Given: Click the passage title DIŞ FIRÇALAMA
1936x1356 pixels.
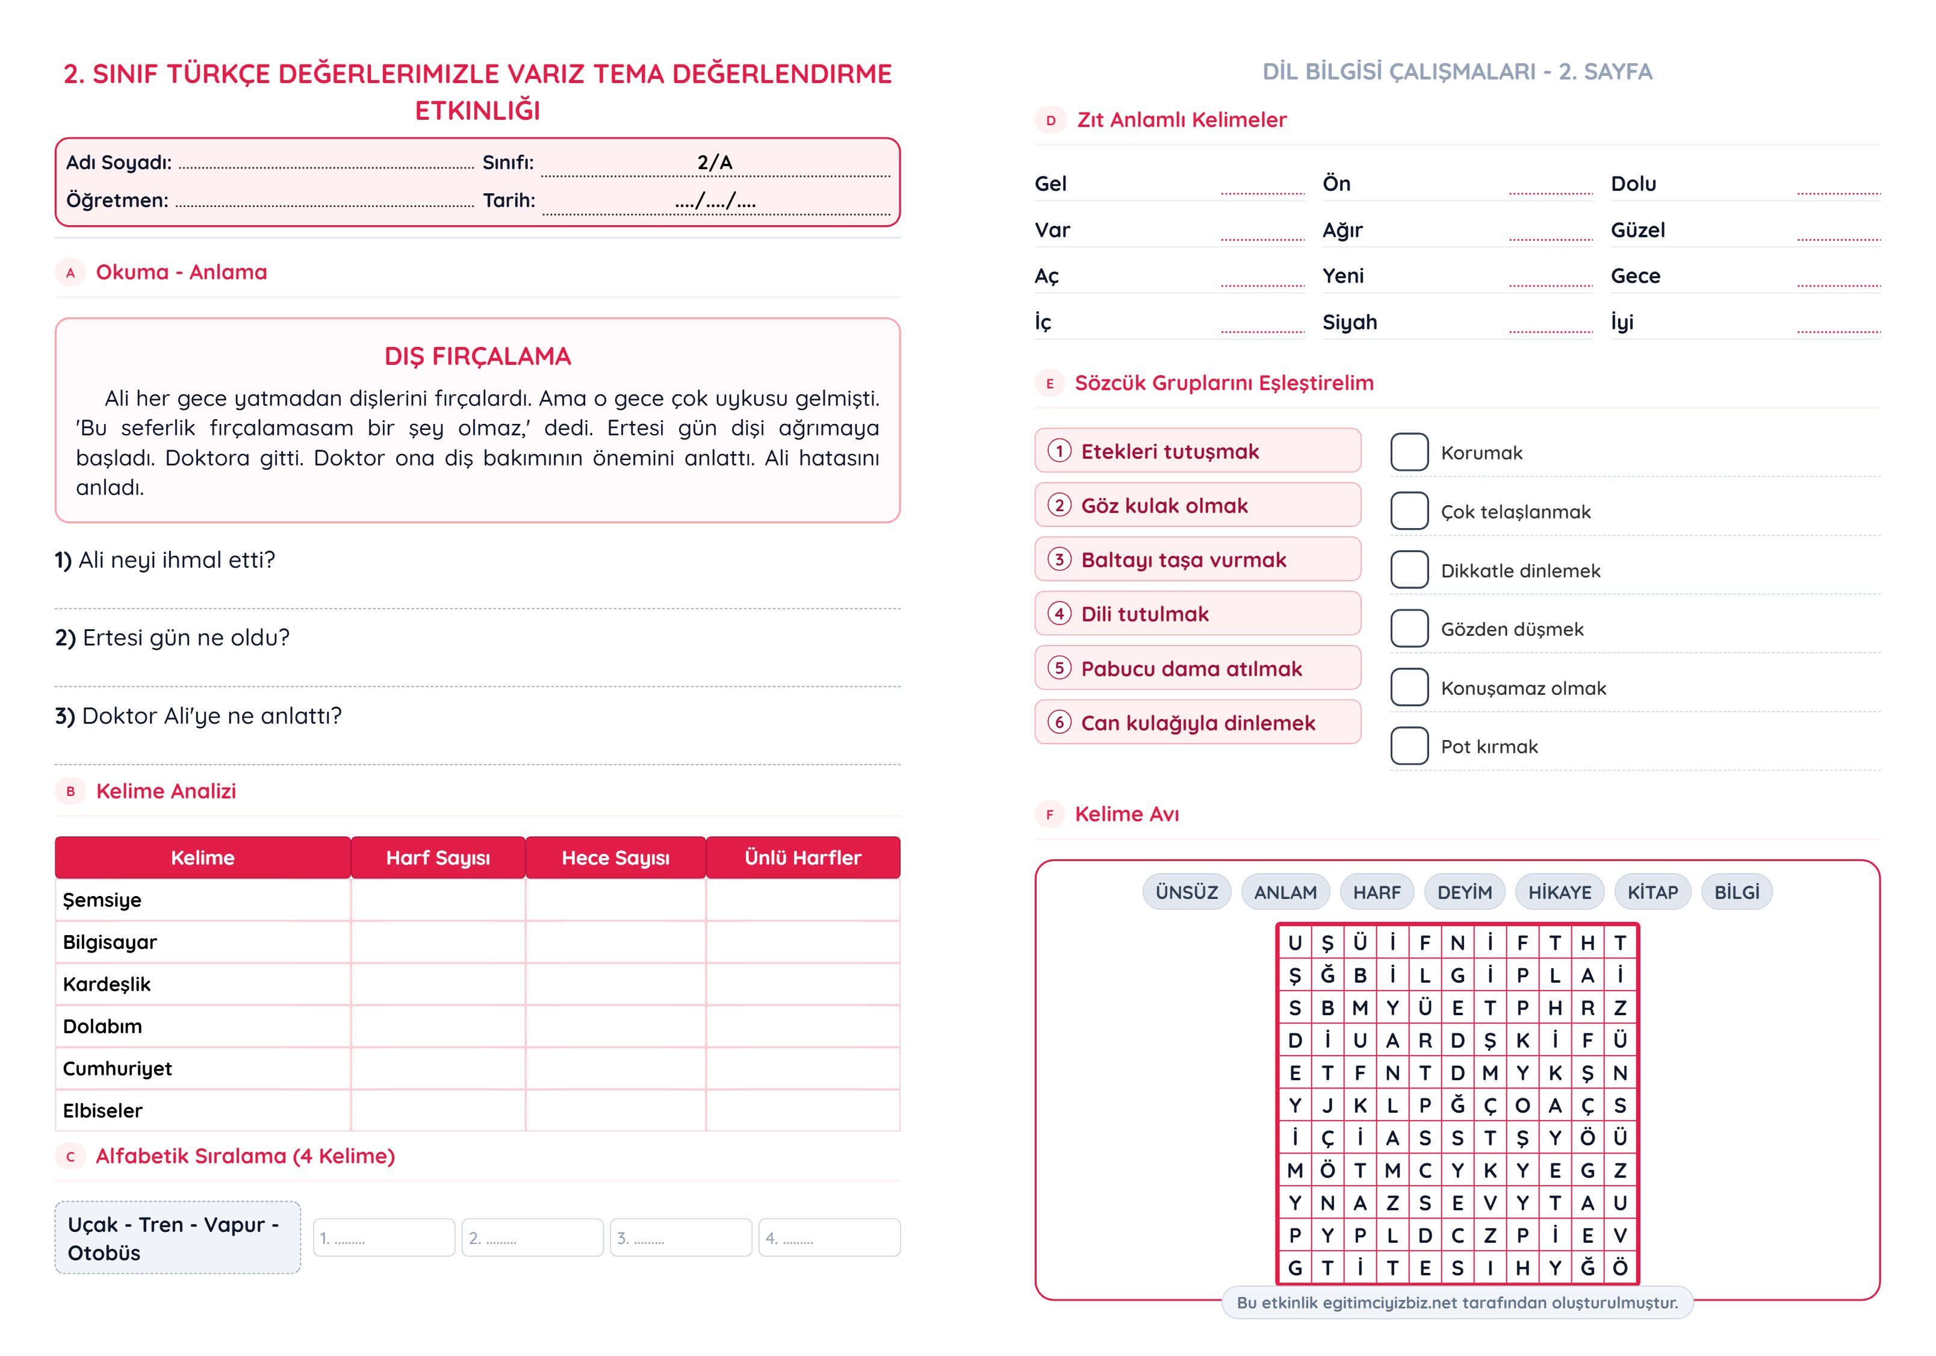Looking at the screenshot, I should click(x=477, y=356).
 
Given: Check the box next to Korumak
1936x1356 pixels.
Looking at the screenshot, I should click(x=1409, y=452).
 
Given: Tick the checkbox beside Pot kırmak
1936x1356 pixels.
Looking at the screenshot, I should click(x=1409, y=745).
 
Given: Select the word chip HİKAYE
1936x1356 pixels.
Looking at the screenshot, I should click(x=1559, y=892).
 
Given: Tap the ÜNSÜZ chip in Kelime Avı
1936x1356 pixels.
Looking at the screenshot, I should click(x=1187, y=892).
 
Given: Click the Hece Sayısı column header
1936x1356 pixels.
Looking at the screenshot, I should click(x=616, y=857).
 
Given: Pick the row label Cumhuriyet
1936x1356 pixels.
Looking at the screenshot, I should click(x=117, y=1068).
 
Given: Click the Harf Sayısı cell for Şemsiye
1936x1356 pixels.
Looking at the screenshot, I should click(x=438, y=900).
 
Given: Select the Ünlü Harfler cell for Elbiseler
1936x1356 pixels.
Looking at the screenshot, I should click(x=802, y=1110).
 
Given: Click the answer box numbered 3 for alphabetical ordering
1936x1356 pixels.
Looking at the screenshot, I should click(x=680, y=1238).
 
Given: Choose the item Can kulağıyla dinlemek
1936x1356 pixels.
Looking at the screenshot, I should click(x=1197, y=723).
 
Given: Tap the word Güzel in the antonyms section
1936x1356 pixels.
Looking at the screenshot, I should click(x=1637, y=230).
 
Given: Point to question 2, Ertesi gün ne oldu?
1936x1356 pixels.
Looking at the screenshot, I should click(x=173, y=638).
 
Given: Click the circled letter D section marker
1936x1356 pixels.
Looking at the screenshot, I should click(x=1050, y=120).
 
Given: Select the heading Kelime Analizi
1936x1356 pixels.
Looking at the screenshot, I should click(x=166, y=791).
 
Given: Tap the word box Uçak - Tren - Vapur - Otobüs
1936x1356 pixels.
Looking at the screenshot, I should click(x=177, y=1238).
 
